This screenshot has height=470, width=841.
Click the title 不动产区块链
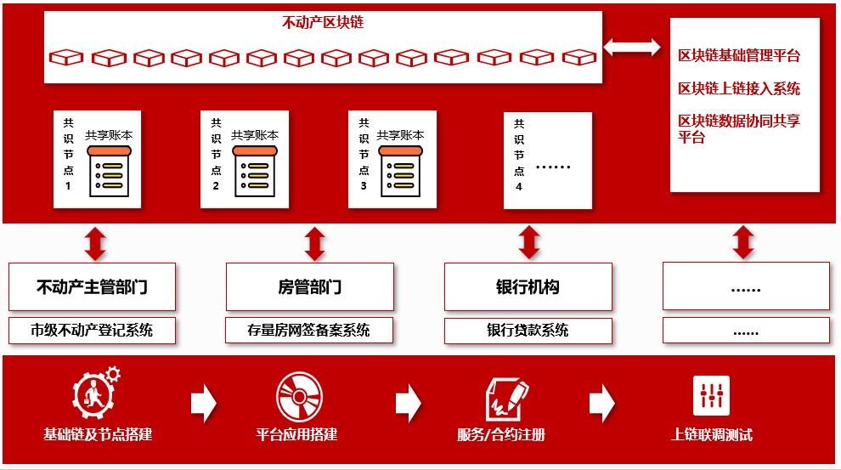click(x=323, y=23)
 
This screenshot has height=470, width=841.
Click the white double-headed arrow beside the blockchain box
click(x=631, y=47)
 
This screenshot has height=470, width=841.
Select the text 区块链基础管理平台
click(x=739, y=56)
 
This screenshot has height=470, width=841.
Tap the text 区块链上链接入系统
click(x=739, y=88)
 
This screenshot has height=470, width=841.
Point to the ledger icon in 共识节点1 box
click(x=110, y=170)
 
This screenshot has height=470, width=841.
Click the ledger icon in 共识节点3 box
click(x=400, y=170)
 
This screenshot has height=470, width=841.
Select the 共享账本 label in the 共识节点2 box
click(x=255, y=135)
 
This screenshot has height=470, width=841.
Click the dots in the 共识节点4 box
click(x=553, y=167)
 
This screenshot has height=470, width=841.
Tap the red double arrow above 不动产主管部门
click(x=95, y=243)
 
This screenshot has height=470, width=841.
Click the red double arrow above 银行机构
click(x=529, y=243)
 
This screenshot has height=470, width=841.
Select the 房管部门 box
click(x=309, y=286)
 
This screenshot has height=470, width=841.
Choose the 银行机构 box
click(x=528, y=286)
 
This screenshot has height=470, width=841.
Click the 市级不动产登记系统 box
click(x=92, y=330)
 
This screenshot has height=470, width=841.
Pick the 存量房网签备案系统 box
click(x=309, y=330)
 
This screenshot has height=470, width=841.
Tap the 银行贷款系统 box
click(x=528, y=330)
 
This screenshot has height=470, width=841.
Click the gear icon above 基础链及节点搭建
click(x=95, y=392)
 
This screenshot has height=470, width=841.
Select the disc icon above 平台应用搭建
click(x=299, y=396)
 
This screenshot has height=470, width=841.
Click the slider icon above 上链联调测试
click(x=711, y=395)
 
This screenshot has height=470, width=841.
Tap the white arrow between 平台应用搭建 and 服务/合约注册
click(x=408, y=402)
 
